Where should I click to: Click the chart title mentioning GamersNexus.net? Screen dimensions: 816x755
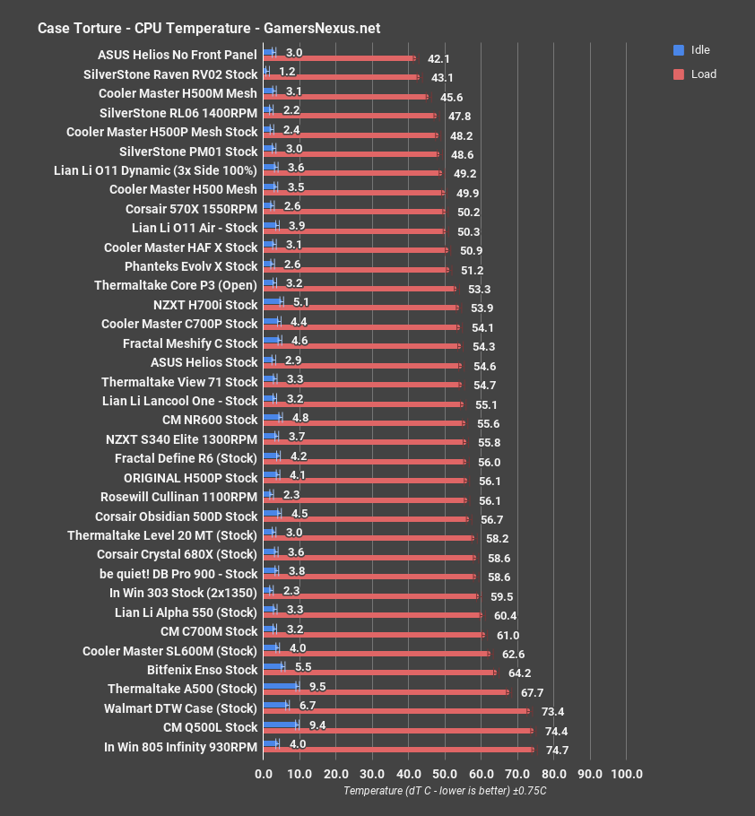coord(209,28)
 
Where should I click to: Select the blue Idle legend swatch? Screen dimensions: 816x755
coord(679,50)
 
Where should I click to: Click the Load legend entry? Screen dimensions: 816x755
coord(703,74)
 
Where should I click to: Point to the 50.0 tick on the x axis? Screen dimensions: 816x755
coord(445,774)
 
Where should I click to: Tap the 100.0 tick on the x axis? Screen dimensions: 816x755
coord(626,774)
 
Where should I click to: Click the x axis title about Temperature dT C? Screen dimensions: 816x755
coord(445,791)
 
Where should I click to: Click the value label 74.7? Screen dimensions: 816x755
coord(557,751)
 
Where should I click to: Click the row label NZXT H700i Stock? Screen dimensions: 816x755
coord(205,304)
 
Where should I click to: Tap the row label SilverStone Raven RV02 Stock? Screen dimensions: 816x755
coord(170,74)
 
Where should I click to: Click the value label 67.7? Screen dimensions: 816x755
coord(532,693)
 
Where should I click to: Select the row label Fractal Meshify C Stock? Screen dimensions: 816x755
coord(190,343)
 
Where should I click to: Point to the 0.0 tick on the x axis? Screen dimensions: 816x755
coord(264,774)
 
